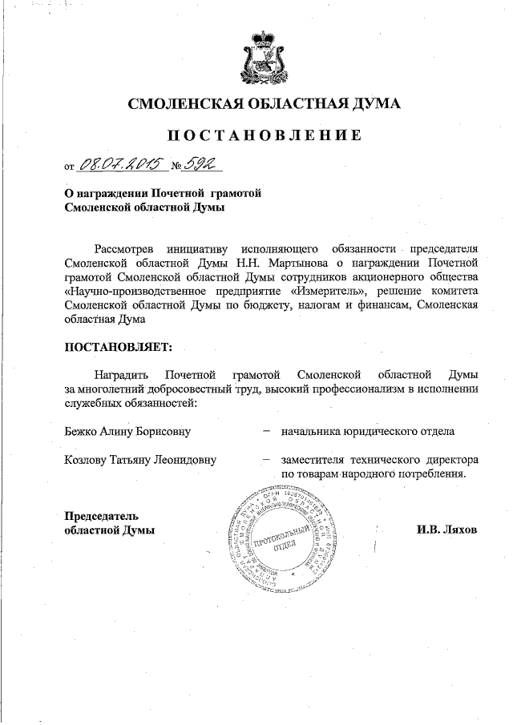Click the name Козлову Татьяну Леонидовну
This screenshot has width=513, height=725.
139,461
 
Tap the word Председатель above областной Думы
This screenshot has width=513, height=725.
102,514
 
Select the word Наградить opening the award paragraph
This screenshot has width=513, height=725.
120,374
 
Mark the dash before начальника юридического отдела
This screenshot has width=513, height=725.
265,432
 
